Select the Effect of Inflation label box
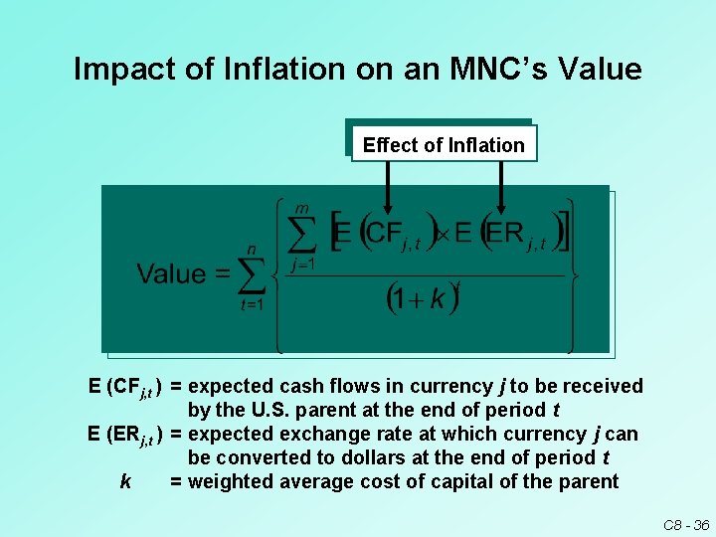click(x=444, y=145)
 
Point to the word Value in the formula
click(x=171, y=274)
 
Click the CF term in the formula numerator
click(x=384, y=234)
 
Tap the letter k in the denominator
click(x=438, y=299)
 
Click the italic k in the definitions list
click(x=125, y=482)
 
